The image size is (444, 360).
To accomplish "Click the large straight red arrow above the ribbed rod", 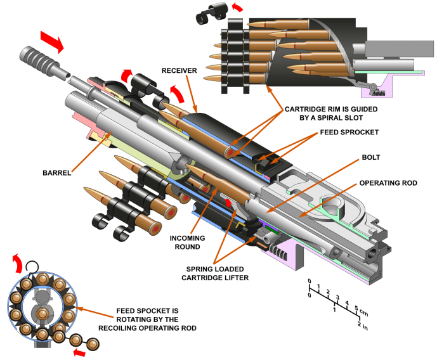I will coord(51,41).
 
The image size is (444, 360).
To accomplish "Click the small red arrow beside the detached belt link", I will coord(237,8).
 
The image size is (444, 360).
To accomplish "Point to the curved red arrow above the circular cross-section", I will coord(17,262).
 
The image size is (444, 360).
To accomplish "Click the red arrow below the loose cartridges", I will coord(79,352).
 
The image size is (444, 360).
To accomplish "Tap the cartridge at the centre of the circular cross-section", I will coord(42,314).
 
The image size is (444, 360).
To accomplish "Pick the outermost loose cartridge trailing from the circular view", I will coord(93,344).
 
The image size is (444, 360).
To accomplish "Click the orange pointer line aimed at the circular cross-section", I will coord(95,313).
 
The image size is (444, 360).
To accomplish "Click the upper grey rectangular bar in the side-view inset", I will coord(399,49).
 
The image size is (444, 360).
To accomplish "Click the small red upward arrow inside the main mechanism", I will coord(229,203).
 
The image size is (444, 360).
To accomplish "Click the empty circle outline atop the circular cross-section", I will coord(32,267).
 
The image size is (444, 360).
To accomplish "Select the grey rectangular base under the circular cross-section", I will coord(42,344).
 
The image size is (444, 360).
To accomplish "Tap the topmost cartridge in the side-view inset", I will coord(279,24).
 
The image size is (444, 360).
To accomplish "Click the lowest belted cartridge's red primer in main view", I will coord(170,213).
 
